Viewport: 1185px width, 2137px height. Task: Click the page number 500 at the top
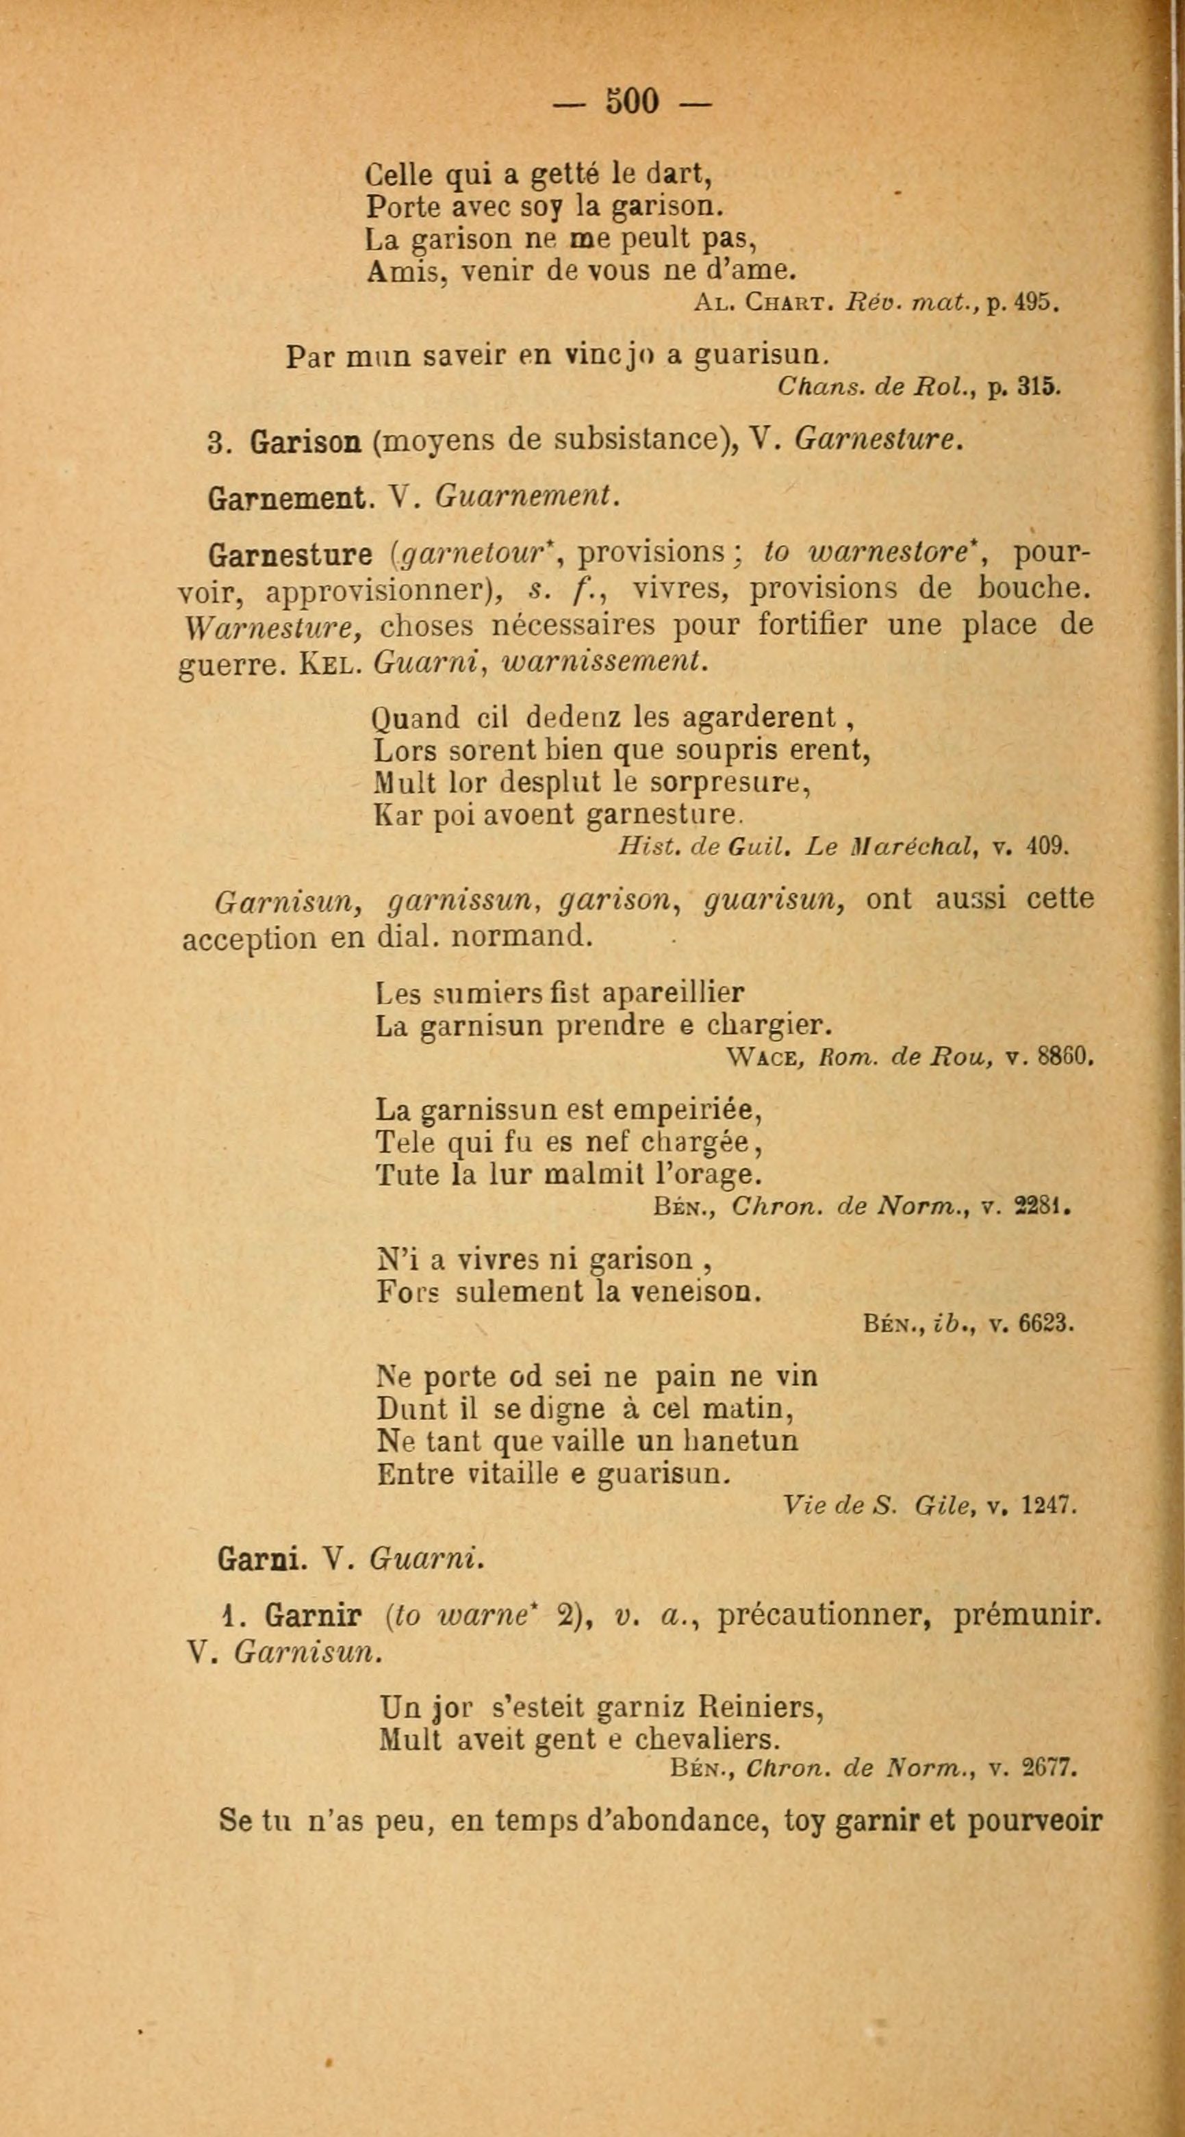[x=633, y=101]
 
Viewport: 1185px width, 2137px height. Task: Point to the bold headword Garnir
[x=313, y=1616]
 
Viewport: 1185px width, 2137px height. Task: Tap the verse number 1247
[x=1049, y=1505]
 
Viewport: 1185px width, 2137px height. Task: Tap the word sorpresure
[x=729, y=783]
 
